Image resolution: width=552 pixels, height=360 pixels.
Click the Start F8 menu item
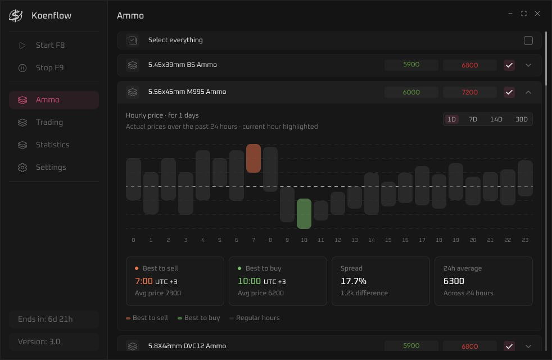(x=50, y=46)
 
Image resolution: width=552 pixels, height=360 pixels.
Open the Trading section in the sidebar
(x=49, y=123)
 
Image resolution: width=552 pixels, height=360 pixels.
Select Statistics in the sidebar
(x=52, y=145)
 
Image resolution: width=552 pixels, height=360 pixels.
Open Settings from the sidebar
(x=51, y=168)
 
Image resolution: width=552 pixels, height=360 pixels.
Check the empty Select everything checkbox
(x=528, y=40)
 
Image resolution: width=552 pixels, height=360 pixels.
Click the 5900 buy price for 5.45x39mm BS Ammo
(x=411, y=65)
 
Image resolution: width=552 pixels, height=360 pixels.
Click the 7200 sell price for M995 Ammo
(x=469, y=92)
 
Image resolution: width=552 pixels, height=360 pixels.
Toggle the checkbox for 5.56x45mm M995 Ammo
(x=509, y=92)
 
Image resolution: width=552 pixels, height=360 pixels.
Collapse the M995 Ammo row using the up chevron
(x=528, y=92)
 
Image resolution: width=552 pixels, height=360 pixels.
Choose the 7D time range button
(x=473, y=119)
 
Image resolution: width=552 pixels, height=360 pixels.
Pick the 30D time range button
(x=522, y=119)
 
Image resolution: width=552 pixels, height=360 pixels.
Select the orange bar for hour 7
(x=254, y=158)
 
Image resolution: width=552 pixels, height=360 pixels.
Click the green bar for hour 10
(x=304, y=214)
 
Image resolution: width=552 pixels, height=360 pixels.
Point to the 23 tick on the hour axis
(x=525, y=240)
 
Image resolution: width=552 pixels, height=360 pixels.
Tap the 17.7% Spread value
(x=354, y=281)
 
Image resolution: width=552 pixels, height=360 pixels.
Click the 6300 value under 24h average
(x=454, y=281)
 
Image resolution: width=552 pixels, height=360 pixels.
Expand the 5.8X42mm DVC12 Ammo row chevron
(x=528, y=346)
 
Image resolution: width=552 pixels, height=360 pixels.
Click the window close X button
(x=537, y=13)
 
